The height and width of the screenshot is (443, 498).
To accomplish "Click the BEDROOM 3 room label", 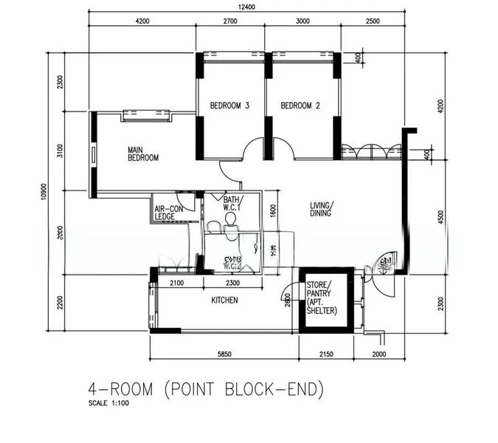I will click(x=229, y=106).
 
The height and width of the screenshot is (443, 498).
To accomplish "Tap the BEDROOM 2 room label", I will click(x=300, y=106).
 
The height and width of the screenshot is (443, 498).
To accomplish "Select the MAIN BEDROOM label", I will click(x=142, y=153).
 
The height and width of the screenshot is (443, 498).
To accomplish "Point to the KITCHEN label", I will click(x=224, y=301).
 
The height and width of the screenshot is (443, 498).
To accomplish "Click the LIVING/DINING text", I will click(x=322, y=209).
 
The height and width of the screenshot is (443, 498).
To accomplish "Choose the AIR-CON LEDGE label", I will click(x=165, y=213).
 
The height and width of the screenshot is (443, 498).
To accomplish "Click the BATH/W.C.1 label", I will click(x=223, y=203).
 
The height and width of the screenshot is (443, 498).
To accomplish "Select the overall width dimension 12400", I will click(x=246, y=7).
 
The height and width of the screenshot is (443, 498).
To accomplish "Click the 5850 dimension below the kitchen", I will click(x=224, y=355).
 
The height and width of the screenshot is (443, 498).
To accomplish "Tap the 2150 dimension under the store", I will click(x=325, y=355).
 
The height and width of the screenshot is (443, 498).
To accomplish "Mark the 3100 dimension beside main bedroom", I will click(x=61, y=151).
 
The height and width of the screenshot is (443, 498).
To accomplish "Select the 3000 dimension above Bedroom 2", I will click(x=302, y=21).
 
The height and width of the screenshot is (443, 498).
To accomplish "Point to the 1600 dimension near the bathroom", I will click(x=272, y=213).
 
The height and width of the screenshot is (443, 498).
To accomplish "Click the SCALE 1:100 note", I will click(x=110, y=405).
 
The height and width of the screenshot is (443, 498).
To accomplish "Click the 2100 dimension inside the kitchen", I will click(x=177, y=283).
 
